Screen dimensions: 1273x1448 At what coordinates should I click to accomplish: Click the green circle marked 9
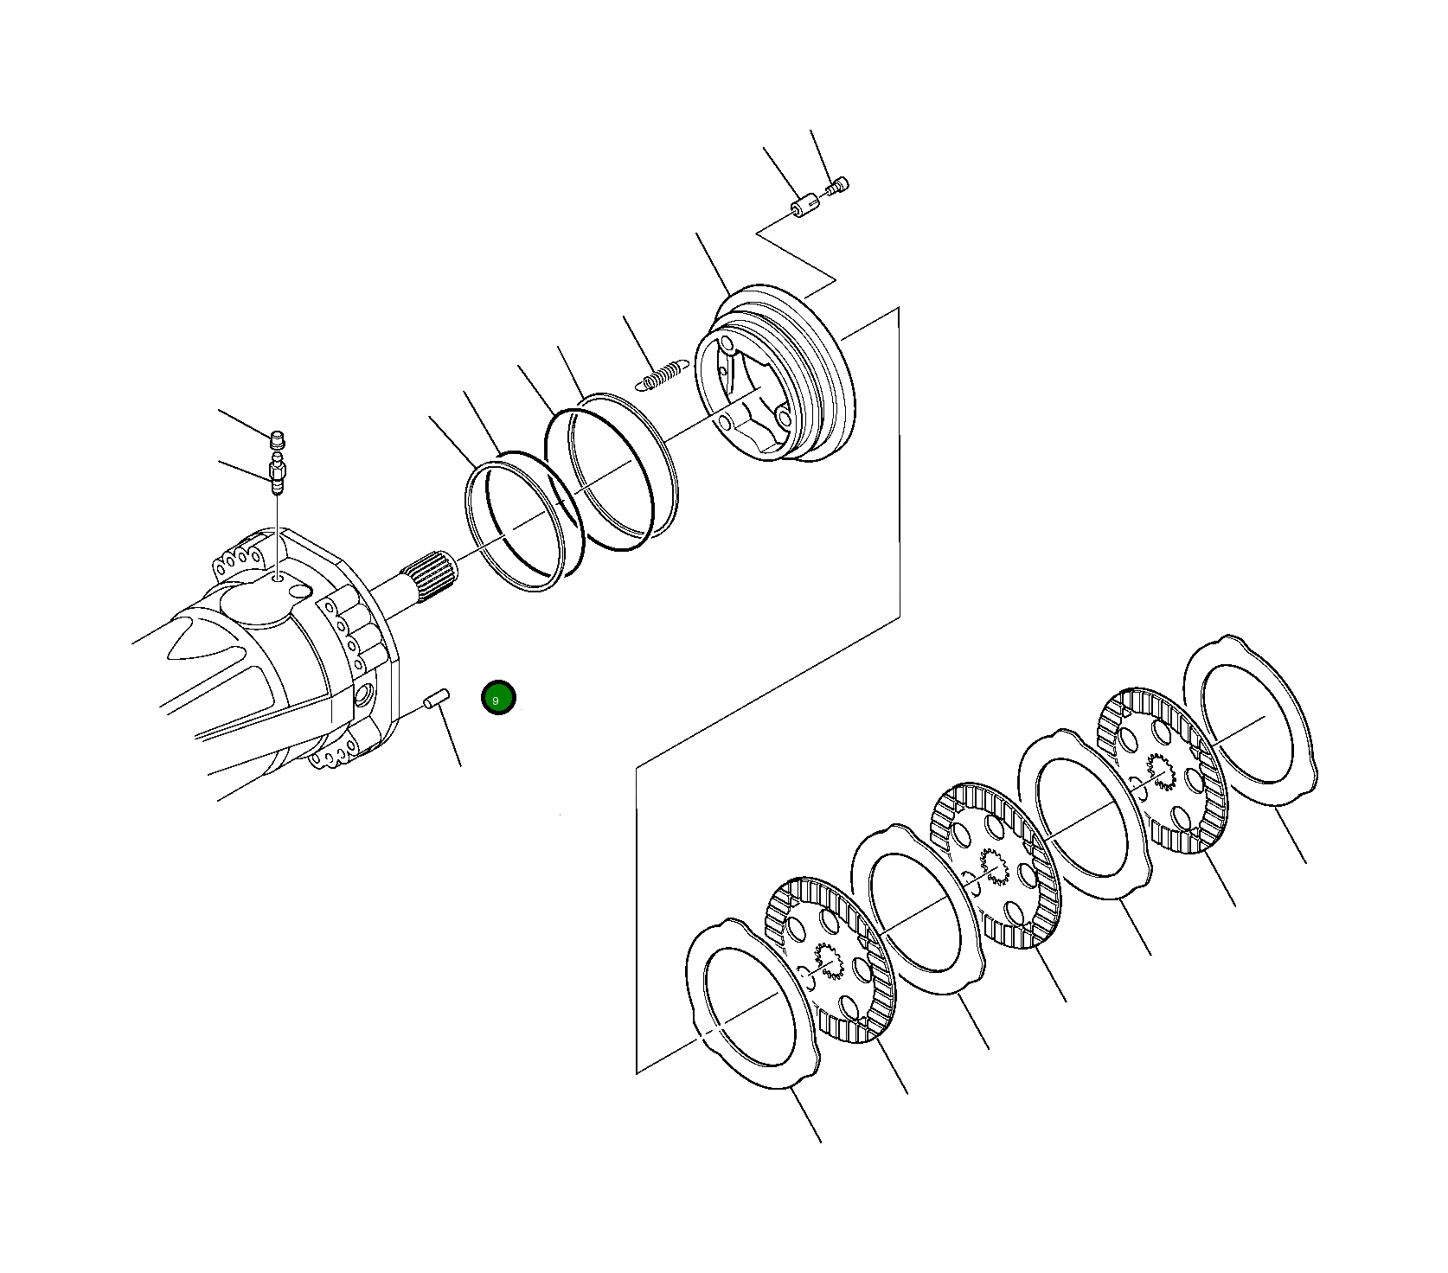coord(498,698)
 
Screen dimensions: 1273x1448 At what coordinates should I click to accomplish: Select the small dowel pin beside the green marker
coord(436,696)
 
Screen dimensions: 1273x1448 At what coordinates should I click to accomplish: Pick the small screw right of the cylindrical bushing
coord(839,185)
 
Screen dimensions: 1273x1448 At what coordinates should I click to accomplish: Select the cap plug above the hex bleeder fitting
coord(278,438)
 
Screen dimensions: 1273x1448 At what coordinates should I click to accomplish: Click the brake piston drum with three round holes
coord(778,372)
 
